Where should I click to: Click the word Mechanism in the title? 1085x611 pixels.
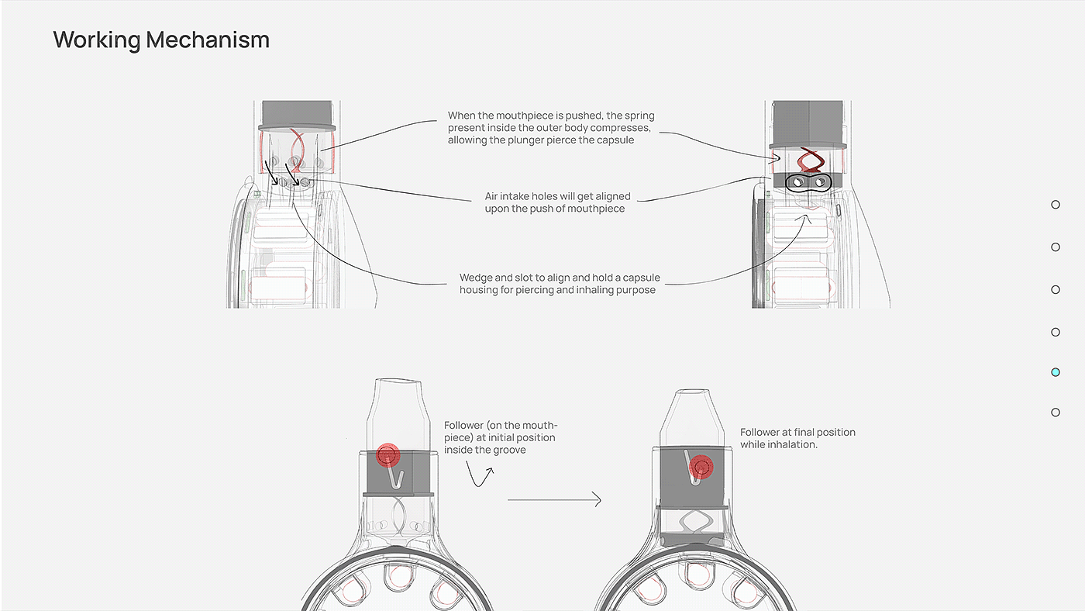208,40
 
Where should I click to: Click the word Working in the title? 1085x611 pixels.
97,40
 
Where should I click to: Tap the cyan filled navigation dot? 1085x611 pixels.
1056,372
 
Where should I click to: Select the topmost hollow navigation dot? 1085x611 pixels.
1056,205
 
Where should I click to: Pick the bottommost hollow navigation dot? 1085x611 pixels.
1056,413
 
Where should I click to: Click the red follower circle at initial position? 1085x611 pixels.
388,455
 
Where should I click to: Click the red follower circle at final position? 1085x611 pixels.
701,467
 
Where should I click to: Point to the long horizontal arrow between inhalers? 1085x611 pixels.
554,499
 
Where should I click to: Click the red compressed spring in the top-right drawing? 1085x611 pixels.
811,161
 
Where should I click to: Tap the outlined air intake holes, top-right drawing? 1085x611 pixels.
808,183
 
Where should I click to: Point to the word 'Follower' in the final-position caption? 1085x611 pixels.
759,432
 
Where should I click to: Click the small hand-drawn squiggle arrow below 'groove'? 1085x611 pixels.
480,474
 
